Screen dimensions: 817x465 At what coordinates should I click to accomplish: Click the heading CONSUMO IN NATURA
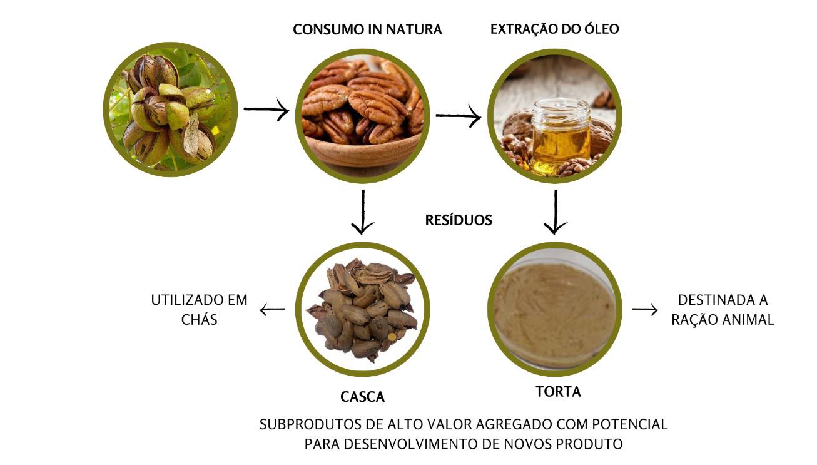pos(367,29)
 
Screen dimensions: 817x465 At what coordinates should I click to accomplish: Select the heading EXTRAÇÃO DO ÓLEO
pos(554,29)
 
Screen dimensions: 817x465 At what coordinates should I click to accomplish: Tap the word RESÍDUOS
pos(459,220)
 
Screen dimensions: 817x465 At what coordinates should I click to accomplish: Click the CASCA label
pos(362,397)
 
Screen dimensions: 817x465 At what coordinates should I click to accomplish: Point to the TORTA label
pos(558,392)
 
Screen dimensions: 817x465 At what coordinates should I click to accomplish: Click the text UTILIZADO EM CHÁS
pos(200,309)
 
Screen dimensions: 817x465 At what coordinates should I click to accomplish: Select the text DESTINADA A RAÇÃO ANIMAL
pos(723,310)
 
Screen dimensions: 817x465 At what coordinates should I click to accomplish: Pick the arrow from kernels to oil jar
pos(458,116)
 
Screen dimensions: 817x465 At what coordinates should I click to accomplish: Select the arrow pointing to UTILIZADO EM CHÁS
pos(272,309)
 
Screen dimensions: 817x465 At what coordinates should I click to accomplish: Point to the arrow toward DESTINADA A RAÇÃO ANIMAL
pos(645,309)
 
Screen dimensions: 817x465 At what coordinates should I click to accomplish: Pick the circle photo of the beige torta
pos(554,309)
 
